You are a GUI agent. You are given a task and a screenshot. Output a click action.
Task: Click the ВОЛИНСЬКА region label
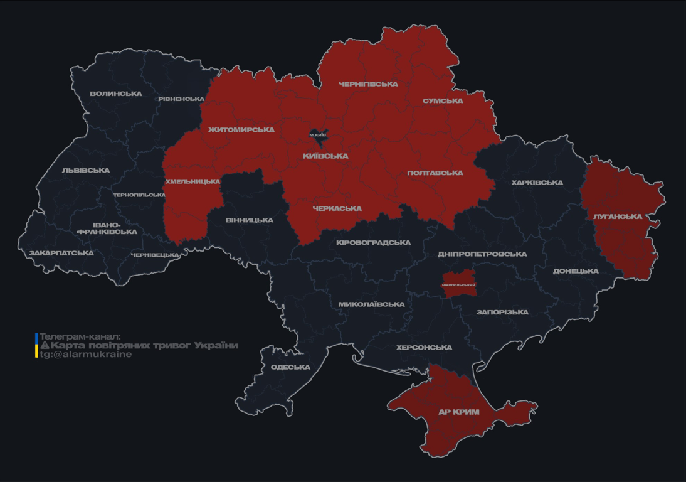(x=115, y=94)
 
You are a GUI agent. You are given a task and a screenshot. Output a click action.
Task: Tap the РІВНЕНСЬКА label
(x=181, y=99)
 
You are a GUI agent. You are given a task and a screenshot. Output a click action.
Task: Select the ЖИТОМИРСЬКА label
(x=241, y=130)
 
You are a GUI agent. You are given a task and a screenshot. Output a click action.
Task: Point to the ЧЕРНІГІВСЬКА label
(x=368, y=84)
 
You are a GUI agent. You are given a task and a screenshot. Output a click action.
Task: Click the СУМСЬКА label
(x=443, y=101)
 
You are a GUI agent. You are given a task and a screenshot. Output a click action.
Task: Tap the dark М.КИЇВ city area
(x=318, y=134)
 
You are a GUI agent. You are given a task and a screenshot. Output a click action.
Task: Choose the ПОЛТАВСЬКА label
(x=435, y=173)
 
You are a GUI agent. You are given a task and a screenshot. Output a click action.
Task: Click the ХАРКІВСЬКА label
(x=537, y=183)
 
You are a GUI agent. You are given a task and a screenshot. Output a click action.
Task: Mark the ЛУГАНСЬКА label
(x=618, y=217)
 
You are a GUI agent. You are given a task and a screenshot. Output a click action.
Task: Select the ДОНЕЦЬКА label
(x=576, y=271)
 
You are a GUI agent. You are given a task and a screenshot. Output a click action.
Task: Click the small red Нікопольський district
(x=458, y=281)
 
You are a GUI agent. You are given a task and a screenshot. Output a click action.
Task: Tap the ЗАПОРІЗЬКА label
(x=502, y=312)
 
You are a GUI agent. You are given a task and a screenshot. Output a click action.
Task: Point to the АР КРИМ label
(x=459, y=412)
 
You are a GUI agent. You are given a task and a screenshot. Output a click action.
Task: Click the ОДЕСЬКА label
(x=290, y=367)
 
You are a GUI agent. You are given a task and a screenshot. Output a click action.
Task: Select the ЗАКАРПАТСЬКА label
(x=61, y=253)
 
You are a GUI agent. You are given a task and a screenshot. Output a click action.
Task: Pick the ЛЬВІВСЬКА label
(x=86, y=170)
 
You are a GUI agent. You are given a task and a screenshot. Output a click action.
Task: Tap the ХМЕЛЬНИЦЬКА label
(x=193, y=181)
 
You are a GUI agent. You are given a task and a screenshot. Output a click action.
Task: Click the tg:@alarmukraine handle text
(x=86, y=355)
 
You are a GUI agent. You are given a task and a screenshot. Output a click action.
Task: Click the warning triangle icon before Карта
(x=45, y=346)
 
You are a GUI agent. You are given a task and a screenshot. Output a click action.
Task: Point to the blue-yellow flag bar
(x=36, y=345)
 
